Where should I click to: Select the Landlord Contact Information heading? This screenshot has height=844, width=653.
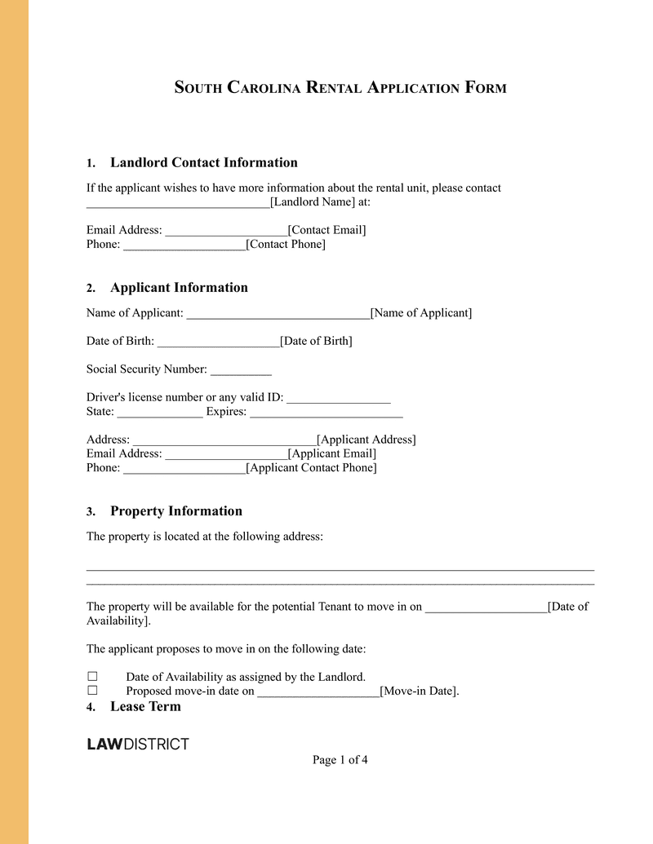[x=203, y=162]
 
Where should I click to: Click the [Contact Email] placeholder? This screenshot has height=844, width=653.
[x=326, y=230]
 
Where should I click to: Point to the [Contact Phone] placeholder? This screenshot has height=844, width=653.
[x=286, y=244]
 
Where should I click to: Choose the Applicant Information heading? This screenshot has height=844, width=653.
[x=179, y=287]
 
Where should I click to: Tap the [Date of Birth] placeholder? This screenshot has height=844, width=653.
[x=316, y=341]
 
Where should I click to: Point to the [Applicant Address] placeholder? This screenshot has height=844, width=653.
[x=366, y=440]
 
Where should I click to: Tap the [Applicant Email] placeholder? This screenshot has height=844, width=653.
[x=332, y=453]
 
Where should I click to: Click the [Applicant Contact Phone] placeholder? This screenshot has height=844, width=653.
[x=311, y=468]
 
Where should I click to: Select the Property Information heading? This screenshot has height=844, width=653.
[x=176, y=511]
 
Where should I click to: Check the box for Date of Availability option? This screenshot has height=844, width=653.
[x=92, y=677]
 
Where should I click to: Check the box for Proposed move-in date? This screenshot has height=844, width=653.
[x=92, y=691]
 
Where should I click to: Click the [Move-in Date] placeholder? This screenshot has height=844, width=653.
[x=419, y=692]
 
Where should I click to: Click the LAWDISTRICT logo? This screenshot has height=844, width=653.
[x=138, y=744]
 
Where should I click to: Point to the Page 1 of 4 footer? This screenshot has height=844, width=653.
[x=340, y=760]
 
